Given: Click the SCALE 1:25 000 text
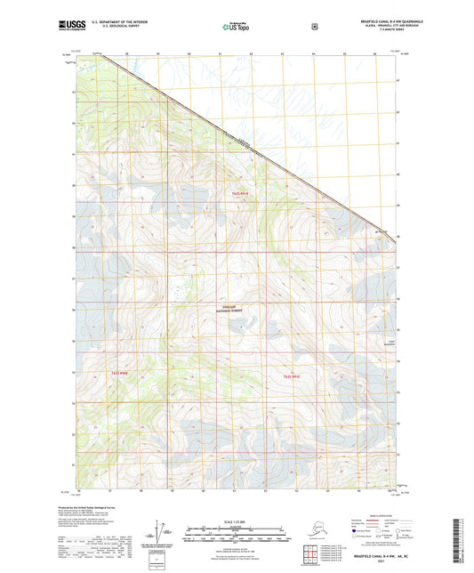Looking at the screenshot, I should (x=236, y=521).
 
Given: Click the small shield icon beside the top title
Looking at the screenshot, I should (x=314, y=26).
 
